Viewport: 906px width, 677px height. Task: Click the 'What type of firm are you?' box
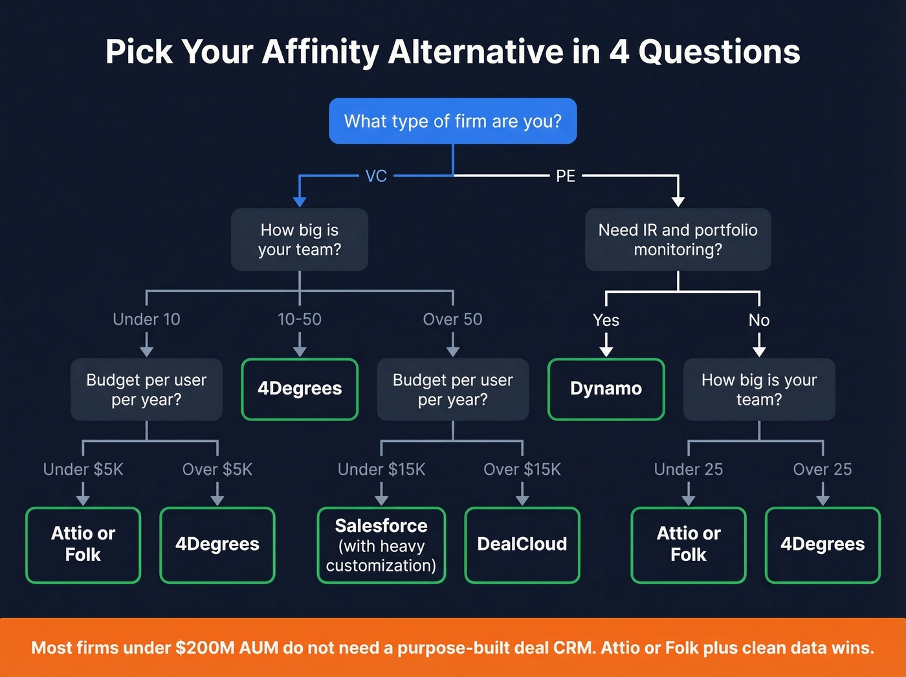click(x=452, y=121)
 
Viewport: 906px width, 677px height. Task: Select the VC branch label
click(x=376, y=176)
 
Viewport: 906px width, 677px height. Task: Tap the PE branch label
click(x=565, y=176)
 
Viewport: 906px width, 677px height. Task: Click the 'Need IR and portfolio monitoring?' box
click(x=678, y=240)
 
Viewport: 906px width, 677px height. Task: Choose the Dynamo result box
click(x=606, y=389)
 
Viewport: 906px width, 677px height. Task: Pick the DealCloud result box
click(x=522, y=544)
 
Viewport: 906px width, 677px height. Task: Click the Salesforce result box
click(x=381, y=545)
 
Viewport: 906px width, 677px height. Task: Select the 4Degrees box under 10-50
click(x=300, y=389)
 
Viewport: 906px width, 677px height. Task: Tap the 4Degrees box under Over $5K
click(x=217, y=544)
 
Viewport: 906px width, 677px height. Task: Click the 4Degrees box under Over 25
click(x=823, y=544)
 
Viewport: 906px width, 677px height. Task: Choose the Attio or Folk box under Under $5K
click(x=83, y=544)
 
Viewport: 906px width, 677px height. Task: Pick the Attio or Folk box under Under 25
click(x=689, y=544)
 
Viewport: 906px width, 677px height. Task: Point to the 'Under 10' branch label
click(x=146, y=319)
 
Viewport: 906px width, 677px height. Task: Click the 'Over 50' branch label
click(x=452, y=319)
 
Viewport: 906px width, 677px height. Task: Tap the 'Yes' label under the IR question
click(x=606, y=320)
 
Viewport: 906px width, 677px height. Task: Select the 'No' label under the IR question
click(x=759, y=320)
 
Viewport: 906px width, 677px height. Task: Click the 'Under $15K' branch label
click(x=381, y=469)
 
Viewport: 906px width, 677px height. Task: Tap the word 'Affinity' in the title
click(x=320, y=52)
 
